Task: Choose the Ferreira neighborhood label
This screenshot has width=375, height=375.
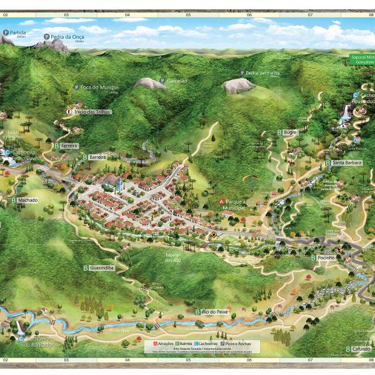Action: (69, 146)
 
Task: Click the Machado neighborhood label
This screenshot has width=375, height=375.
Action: (28, 200)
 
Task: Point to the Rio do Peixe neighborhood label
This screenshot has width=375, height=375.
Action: (212, 311)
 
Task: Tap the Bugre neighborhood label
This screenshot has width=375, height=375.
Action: (289, 132)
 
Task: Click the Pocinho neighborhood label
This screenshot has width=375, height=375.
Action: (326, 257)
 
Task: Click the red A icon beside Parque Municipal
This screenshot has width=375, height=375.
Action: (221, 202)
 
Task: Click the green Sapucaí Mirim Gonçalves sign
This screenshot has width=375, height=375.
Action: (362, 60)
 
